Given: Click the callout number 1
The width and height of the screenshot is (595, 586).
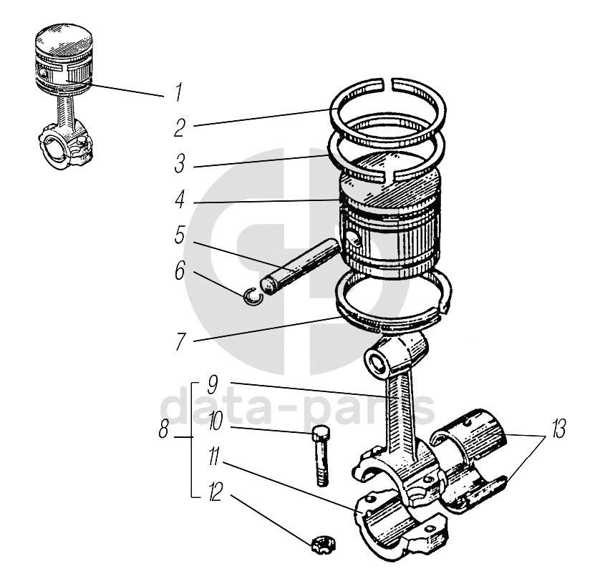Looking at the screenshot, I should coord(179,92).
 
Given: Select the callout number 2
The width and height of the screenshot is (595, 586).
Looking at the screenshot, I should coord(179,128).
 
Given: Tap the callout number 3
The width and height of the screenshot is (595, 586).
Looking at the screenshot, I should coord(179,164).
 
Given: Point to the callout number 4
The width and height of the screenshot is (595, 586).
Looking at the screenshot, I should coord(179,199).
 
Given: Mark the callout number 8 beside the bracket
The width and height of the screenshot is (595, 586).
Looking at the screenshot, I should coord(164,430).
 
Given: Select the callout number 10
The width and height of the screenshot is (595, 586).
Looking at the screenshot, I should coord(214,421).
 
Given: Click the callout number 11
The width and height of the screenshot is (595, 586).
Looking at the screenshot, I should coord(214,457).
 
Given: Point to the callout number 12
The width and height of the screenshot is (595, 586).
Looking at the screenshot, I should coord(214,494).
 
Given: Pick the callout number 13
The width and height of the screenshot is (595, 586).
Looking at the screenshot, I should coord(558,432).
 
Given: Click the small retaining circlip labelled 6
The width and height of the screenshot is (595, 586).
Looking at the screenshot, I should coord(251,296).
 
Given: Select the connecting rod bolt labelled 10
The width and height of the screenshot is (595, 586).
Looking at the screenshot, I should coord(319,456).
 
